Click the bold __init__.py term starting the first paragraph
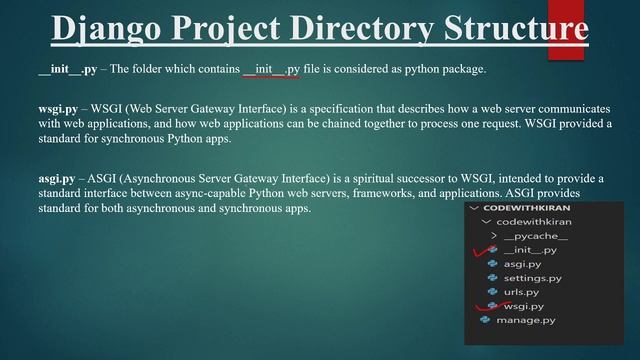coord(67,69)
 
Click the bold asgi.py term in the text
coord(56,178)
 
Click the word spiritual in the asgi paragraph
coord(359,178)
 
